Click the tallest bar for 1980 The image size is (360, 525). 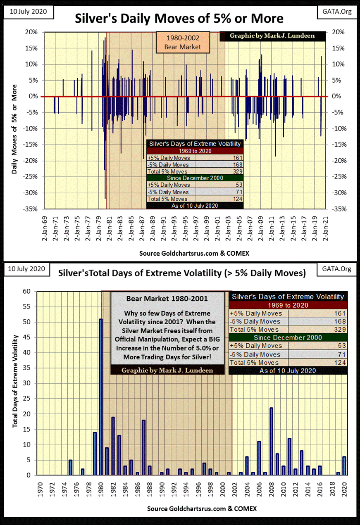pyautogui.click(x=100, y=397)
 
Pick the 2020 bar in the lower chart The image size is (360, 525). pyautogui.click(x=344, y=466)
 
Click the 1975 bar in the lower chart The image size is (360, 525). pyautogui.click(x=70, y=467)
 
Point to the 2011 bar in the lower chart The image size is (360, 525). pyautogui.click(x=289, y=456)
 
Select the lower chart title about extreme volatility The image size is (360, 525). pyautogui.click(x=182, y=273)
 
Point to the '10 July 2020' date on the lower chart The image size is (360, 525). pyautogui.click(x=24, y=269)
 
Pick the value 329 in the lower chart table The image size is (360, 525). pyautogui.click(x=340, y=330)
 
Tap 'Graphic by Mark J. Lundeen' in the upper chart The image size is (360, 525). pyautogui.click(x=272, y=36)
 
